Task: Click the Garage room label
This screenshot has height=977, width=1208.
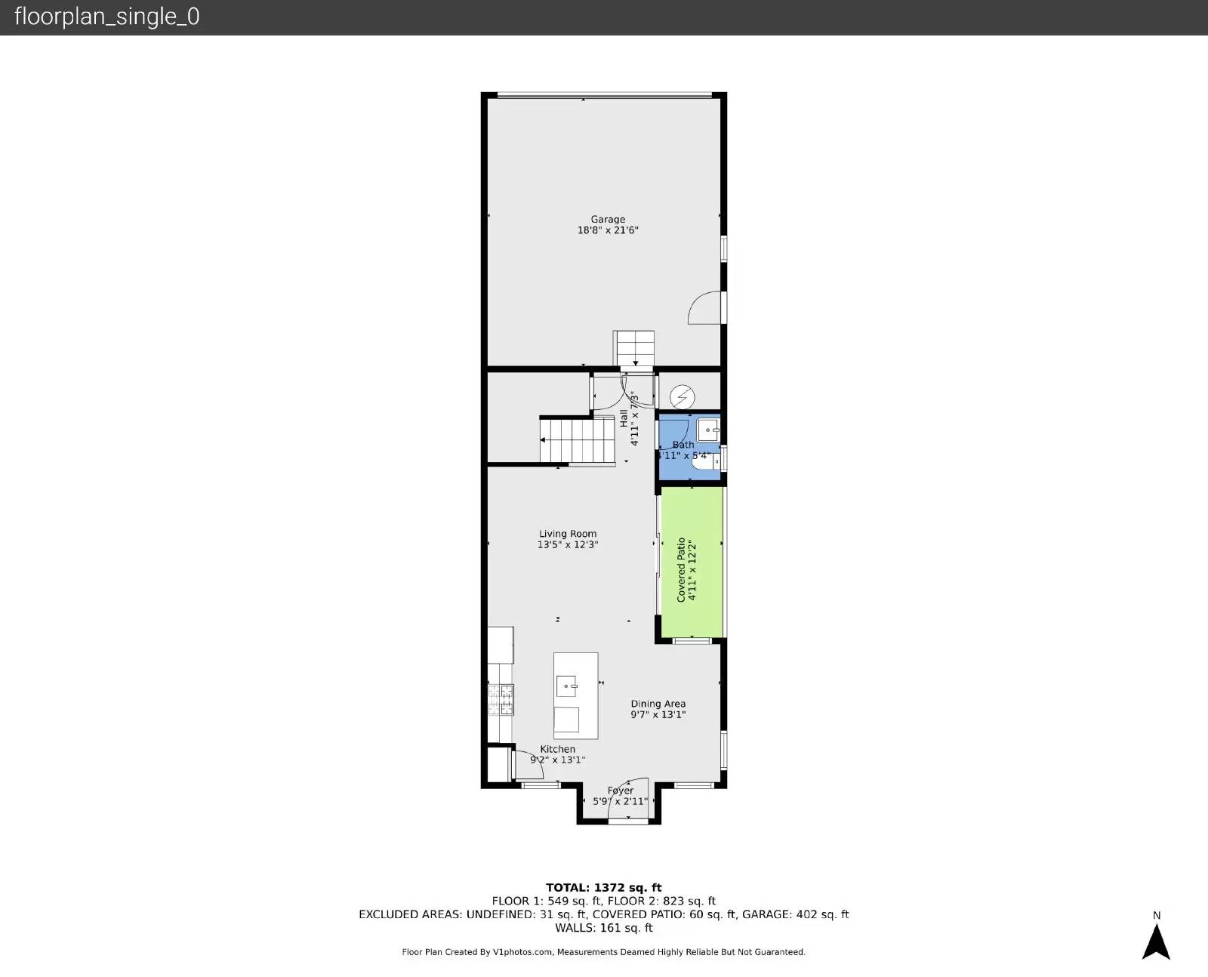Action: pos(608,220)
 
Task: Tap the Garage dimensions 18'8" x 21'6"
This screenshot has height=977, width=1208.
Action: pos(608,230)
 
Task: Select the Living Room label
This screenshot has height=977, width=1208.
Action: pos(568,534)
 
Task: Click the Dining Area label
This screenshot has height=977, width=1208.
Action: pos(658,704)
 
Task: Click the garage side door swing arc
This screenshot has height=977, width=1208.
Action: pos(704,308)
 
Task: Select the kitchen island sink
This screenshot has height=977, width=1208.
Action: pos(567,686)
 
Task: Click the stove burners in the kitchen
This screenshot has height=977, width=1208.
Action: pos(501,699)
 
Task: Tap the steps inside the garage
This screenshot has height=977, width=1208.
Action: pos(633,348)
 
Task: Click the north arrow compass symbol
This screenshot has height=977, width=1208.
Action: pos(1156,941)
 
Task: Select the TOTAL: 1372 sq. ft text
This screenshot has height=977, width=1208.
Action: pos(604,888)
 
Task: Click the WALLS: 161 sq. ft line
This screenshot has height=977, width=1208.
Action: pos(604,928)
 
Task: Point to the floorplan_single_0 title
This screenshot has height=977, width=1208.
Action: pos(107,17)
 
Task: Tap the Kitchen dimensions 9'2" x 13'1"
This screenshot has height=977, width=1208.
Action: pos(558,760)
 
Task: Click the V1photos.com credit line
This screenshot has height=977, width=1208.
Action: pos(604,952)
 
